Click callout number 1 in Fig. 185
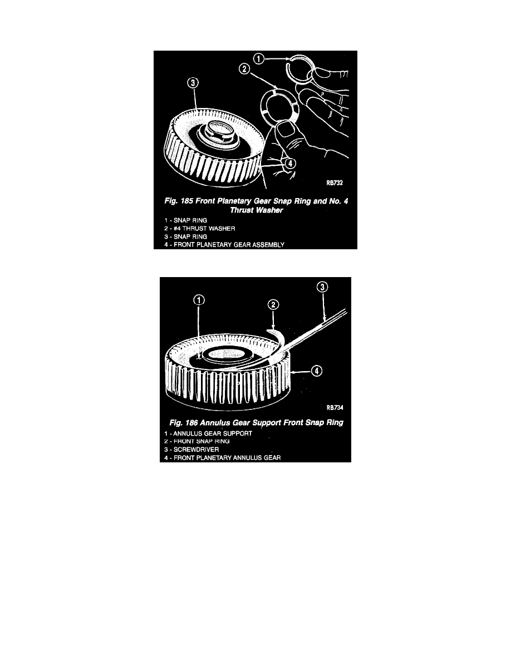click(x=259, y=58)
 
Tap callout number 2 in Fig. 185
click(x=244, y=68)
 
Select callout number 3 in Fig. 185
click(x=193, y=82)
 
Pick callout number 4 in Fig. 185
click(x=291, y=163)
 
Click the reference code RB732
click(x=335, y=183)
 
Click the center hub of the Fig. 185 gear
click(x=218, y=131)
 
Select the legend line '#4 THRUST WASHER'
click(x=200, y=229)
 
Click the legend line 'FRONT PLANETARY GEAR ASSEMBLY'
click(x=224, y=245)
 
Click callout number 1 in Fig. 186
click(x=199, y=300)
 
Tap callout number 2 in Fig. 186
click(x=273, y=305)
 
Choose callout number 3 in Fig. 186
click(x=322, y=287)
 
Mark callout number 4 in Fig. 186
click(x=317, y=371)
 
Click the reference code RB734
click(x=335, y=408)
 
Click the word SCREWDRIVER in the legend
click(x=196, y=450)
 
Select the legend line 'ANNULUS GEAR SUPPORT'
click(x=208, y=433)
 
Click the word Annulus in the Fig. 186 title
click(x=215, y=422)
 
